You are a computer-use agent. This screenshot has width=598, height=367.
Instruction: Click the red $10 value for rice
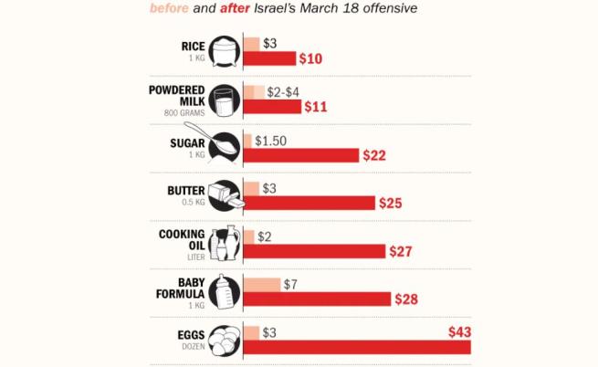coord(312,58)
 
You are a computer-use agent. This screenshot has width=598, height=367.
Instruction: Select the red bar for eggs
coord(357,347)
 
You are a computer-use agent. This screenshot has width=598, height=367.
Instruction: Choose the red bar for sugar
coord(300,155)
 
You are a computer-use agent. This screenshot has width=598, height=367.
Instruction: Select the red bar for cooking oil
coord(314,251)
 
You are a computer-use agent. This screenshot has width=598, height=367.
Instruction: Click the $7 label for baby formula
coord(291,285)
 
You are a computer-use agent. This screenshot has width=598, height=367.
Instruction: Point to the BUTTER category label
coord(187,191)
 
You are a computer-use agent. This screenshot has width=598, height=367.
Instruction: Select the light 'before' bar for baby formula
coord(262,285)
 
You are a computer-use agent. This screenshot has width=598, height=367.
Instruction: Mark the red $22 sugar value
coord(374,155)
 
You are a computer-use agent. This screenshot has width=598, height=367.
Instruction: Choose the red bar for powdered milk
coord(272,107)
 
